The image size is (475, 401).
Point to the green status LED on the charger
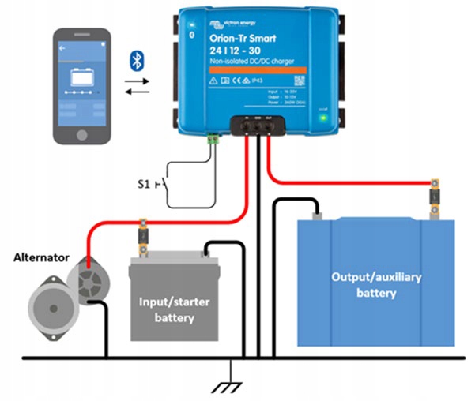324,120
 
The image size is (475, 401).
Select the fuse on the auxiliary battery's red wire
433,193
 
